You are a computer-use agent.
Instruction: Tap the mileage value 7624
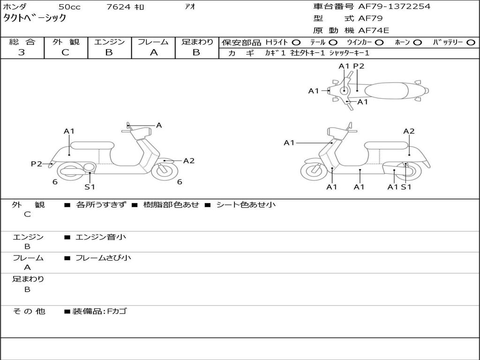(x=119, y=7)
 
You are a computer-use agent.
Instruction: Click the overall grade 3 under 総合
(x=22, y=52)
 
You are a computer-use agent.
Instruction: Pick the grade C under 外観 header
(x=66, y=52)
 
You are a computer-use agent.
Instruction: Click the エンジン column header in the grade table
(x=109, y=42)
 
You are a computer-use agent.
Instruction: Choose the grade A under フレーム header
(x=153, y=52)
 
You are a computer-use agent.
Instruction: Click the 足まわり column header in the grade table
(x=197, y=42)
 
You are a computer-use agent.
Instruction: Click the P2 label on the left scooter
(x=37, y=164)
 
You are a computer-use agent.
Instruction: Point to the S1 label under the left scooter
(x=90, y=187)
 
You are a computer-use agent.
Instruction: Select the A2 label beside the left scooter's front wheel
(x=188, y=161)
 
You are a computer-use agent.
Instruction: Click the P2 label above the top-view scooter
(x=359, y=66)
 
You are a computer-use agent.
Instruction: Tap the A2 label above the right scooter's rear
(x=409, y=131)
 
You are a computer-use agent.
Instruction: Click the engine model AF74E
(x=374, y=30)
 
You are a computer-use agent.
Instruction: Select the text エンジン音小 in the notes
(x=101, y=237)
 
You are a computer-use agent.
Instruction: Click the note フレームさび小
(x=103, y=258)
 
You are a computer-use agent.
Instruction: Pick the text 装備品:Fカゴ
(x=99, y=311)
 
